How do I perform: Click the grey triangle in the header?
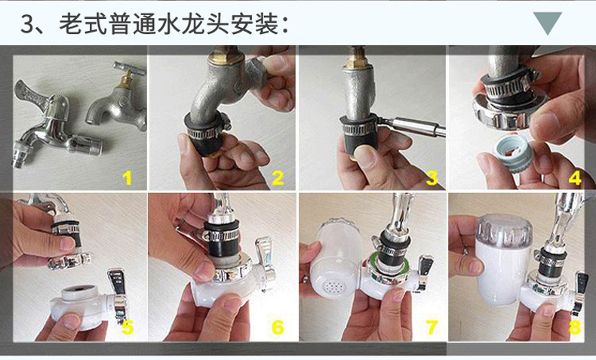pos(548,22)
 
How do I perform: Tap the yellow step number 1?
pos(127,178)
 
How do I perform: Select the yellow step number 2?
pos(278,178)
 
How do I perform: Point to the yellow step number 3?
pos(432,178)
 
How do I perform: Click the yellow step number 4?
pos(575,178)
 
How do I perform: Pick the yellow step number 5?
pos(127,328)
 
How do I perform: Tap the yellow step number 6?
pos(278,328)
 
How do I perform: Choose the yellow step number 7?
pos(432,328)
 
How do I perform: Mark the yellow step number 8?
pos(575,328)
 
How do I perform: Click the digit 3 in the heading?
pos(27,24)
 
